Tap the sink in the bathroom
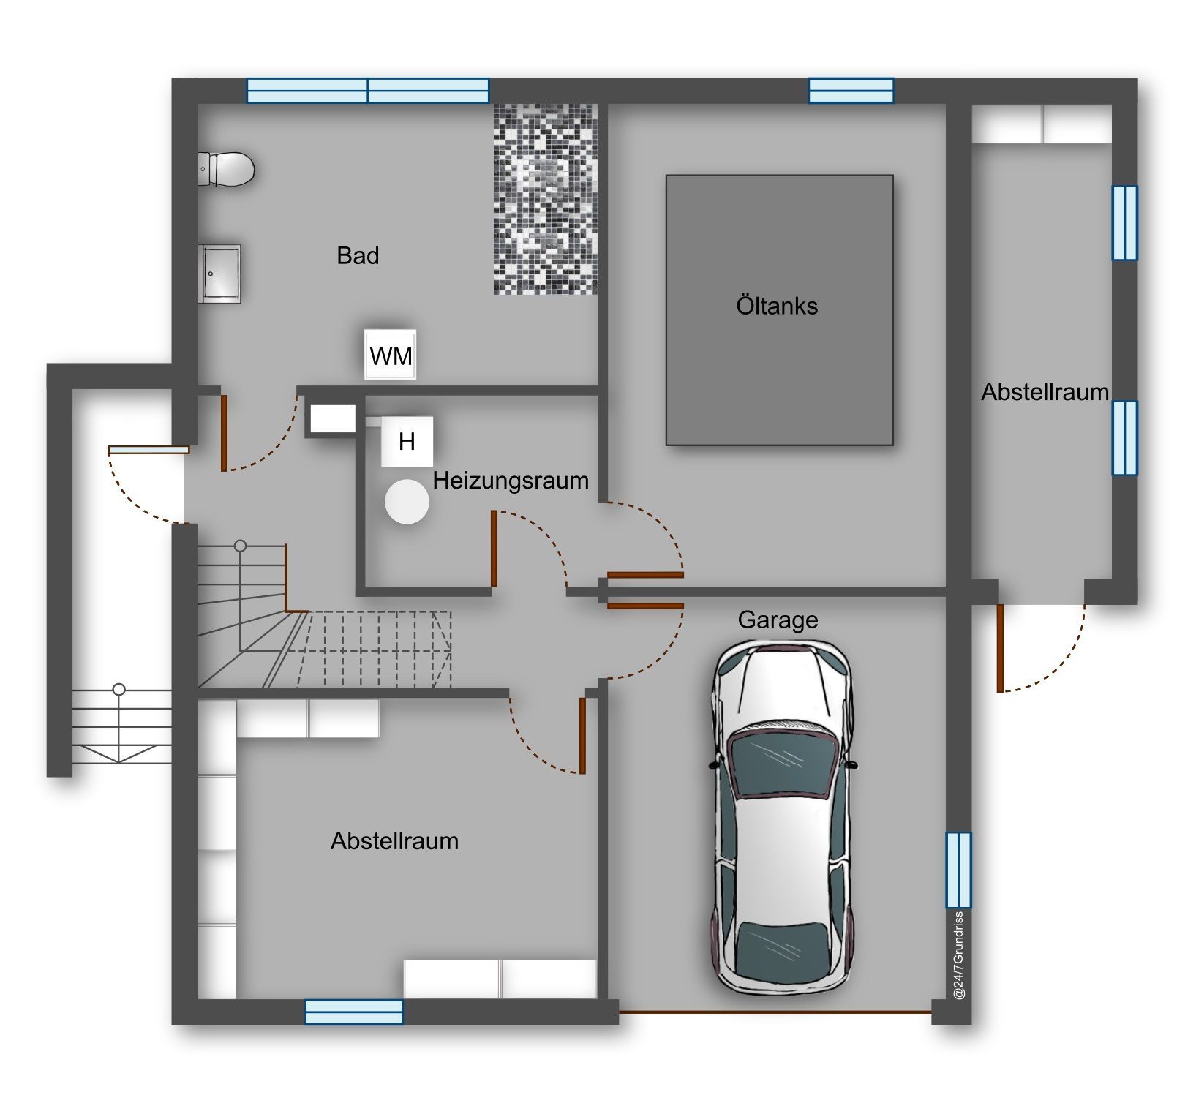pos(219,274)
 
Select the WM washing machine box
pos(391,355)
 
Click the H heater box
pos(407,442)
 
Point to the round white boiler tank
pos(407,502)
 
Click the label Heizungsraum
pos(511,481)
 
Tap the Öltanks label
pos(777,305)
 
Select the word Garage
pos(778,620)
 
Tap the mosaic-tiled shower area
pos(546,199)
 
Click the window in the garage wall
pos(958,870)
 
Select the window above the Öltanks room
pos(851,91)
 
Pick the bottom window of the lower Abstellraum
pos(354,1012)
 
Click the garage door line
pos(775,1012)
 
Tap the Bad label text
pos(358,255)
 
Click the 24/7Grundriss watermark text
pos(959,955)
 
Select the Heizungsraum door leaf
pos(494,549)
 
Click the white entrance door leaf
pos(148,450)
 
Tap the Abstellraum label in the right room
pos(1045,392)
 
